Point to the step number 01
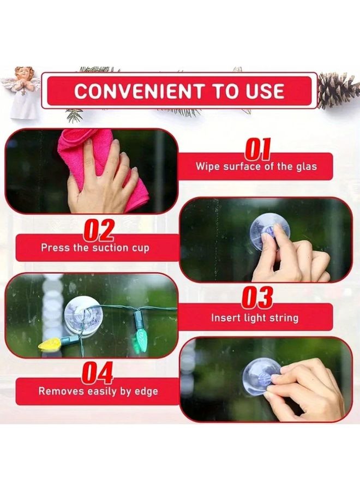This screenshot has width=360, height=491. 257,149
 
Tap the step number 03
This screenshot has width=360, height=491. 257,298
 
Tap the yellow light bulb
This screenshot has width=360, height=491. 49,344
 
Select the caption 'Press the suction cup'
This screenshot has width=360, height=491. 95,247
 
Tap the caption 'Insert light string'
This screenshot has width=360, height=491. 254,318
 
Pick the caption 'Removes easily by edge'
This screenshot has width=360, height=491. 98,391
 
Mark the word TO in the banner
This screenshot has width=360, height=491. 217,91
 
